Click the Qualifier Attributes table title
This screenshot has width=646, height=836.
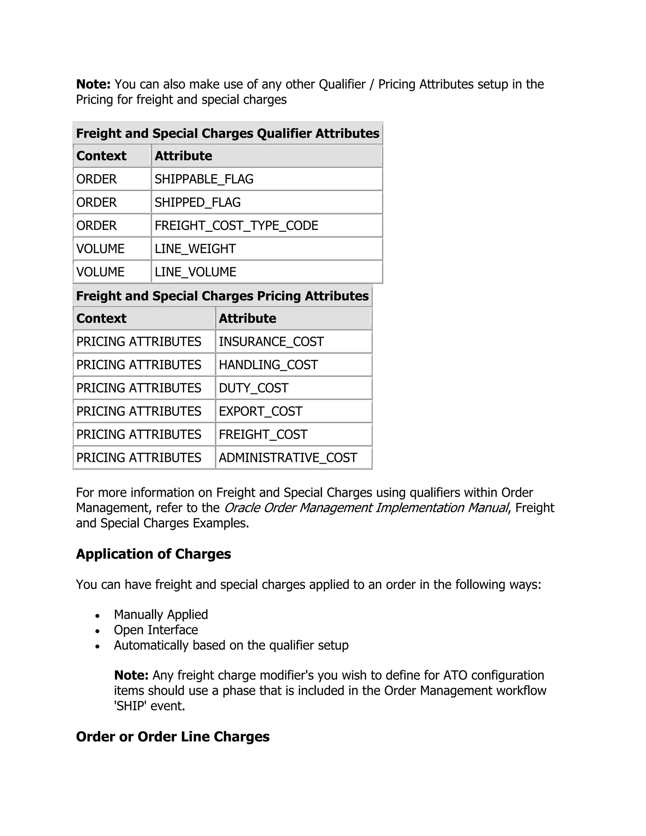[x=228, y=133]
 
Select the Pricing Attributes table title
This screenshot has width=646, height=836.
[x=222, y=296]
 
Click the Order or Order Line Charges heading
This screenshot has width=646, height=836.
[x=173, y=737]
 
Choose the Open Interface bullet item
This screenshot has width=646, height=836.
[x=156, y=630]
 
